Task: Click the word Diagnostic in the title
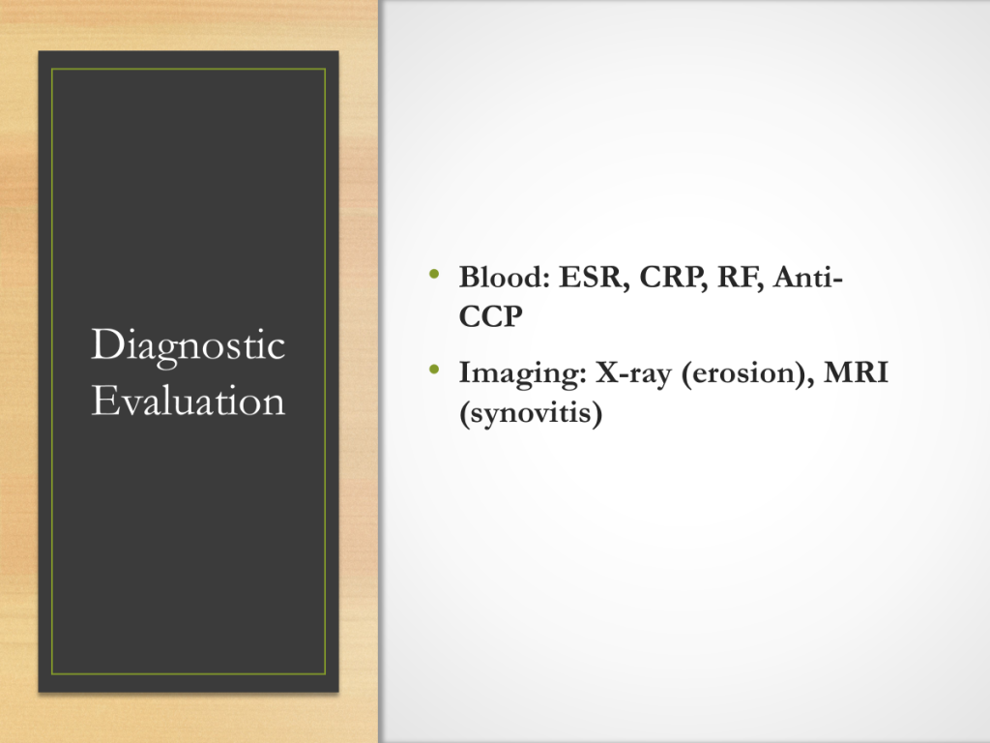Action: coord(189,346)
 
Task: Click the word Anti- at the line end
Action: coord(808,277)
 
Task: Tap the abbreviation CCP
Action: coord(490,316)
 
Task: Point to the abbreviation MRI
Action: coord(857,372)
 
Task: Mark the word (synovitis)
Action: coord(531,414)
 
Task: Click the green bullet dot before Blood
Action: coord(434,274)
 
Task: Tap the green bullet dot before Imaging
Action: coord(434,369)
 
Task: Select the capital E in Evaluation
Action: coord(103,400)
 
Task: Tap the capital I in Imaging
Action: coord(465,372)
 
